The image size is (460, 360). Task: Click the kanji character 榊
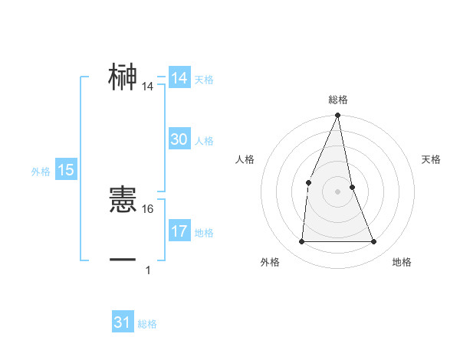(x=123, y=77)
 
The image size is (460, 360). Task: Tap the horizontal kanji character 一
(x=123, y=260)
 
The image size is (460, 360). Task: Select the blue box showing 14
(x=179, y=78)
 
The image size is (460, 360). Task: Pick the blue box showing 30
(x=179, y=139)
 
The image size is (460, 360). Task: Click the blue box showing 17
(x=179, y=231)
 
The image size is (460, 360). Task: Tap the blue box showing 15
(x=66, y=171)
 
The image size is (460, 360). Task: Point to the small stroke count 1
(x=148, y=270)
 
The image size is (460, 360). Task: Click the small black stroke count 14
(x=148, y=87)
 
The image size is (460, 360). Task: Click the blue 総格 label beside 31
(x=147, y=324)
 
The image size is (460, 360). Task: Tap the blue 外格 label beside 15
(x=41, y=172)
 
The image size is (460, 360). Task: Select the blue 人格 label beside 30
(x=204, y=141)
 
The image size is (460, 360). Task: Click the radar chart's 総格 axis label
(x=338, y=100)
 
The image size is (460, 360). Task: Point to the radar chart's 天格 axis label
(x=432, y=159)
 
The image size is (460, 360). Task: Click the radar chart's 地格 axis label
(x=402, y=263)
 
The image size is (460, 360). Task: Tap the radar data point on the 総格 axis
(x=338, y=116)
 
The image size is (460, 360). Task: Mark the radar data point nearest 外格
(x=301, y=242)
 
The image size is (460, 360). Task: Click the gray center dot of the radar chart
(x=338, y=191)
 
